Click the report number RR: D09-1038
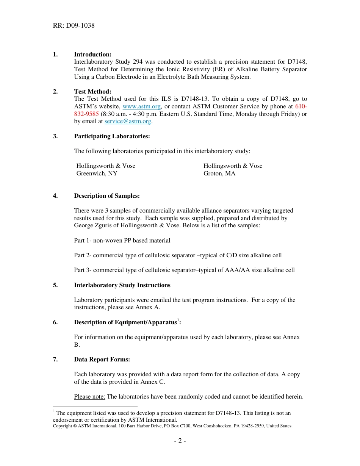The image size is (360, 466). [74, 26]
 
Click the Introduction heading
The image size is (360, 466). [92, 55]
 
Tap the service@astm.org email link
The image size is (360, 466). [128, 121]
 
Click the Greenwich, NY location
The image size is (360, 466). [97, 174]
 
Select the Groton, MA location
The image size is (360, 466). [219, 174]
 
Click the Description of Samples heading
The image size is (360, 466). [107, 196]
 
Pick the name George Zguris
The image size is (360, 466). [92, 225]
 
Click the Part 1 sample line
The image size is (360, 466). [122, 241]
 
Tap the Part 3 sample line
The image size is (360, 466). [184, 270]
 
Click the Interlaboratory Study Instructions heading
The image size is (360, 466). [122, 285]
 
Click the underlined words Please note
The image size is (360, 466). [89, 397]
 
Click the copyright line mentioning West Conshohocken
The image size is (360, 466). [172, 426]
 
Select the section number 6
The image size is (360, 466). [55, 322]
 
